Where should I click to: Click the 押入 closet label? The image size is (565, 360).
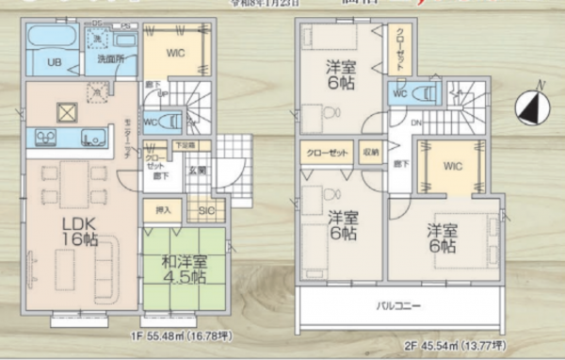(162, 209)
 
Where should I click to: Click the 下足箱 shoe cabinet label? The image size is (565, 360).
(185, 145)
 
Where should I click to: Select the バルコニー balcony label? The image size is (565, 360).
(400, 307)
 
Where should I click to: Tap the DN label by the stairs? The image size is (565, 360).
(415, 123)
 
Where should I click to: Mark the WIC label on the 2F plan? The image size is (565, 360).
(452, 168)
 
